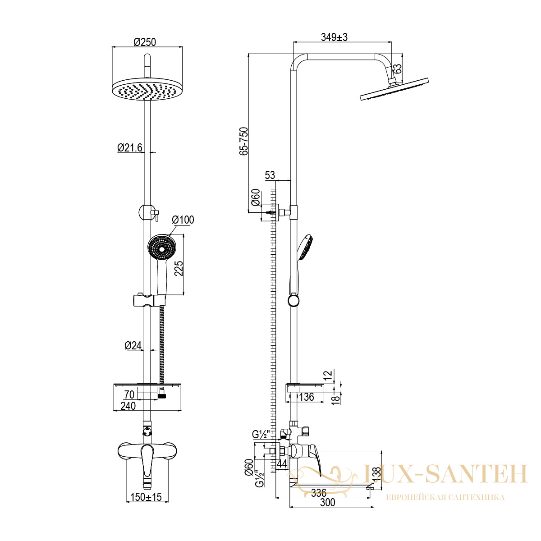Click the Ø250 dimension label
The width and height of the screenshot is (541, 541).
145,42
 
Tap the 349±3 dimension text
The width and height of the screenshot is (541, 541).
334,37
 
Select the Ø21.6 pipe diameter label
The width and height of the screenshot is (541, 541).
130,147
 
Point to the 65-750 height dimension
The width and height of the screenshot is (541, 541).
244,141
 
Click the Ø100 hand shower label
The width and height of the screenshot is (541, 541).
183,220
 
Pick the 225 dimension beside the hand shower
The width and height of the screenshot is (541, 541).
179,268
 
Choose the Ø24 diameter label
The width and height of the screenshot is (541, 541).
133,345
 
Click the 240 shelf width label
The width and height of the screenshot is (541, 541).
128,406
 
